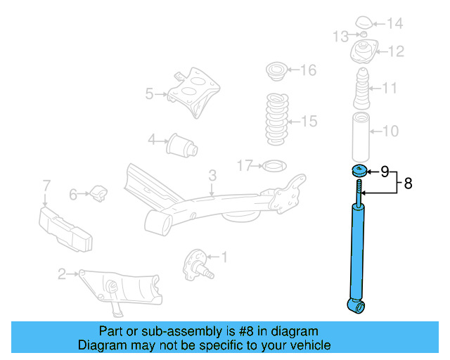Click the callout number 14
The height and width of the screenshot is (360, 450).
tap(394, 24)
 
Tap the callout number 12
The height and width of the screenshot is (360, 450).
tap(395, 51)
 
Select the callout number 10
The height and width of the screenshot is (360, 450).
tap(391, 130)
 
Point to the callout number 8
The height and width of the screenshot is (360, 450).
tap(407, 184)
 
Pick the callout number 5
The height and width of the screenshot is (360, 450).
tap(149, 93)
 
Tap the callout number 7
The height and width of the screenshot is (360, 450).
tap(46, 186)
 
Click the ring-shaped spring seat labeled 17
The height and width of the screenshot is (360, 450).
tap(272, 166)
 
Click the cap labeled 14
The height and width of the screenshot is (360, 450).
tap(365, 23)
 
